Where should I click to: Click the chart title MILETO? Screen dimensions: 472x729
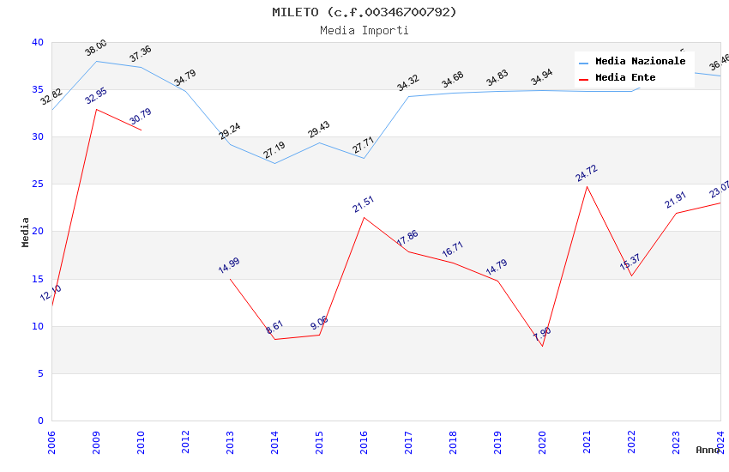pyautogui.click(x=364, y=12)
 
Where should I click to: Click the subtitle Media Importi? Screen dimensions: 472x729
pyautogui.click(x=364, y=30)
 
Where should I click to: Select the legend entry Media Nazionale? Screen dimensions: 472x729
pyautogui.click(x=640, y=62)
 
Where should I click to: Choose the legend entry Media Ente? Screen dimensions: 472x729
pyautogui.click(x=625, y=78)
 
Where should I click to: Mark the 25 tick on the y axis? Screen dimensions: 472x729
pyautogui.click(x=38, y=185)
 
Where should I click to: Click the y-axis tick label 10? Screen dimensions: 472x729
pyautogui.click(x=38, y=326)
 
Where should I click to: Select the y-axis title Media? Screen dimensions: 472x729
pyautogui.click(x=26, y=232)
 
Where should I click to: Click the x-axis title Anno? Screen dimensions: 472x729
pyautogui.click(x=708, y=450)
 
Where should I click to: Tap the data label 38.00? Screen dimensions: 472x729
pyautogui.click(x=96, y=48)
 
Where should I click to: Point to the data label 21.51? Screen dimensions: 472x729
pyautogui.click(x=364, y=204)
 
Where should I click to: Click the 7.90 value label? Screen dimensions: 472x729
pyautogui.click(x=542, y=334)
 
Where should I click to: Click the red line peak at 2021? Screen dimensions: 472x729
pyautogui.click(x=587, y=186)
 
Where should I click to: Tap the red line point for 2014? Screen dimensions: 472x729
pyautogui.click(x=274, y=339)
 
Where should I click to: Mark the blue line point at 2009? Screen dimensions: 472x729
pyautogui.click(x=96, y=61)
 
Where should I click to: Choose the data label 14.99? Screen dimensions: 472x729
pyautogui.click(x=229, y=265)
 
